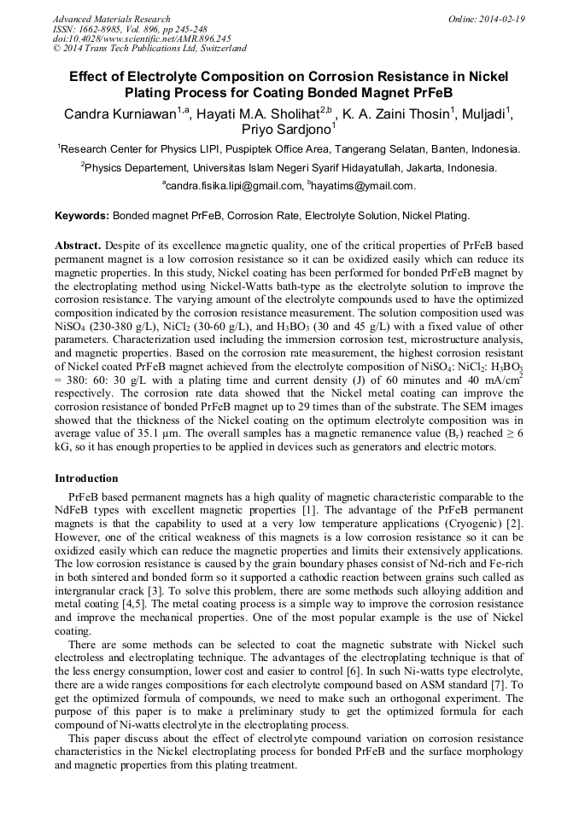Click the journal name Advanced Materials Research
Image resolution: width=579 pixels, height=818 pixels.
(111, 19)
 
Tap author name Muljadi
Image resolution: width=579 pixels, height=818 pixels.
(484, 113)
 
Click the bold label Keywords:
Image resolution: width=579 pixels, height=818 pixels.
(82, 217)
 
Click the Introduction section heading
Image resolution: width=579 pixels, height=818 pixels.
(86, 478)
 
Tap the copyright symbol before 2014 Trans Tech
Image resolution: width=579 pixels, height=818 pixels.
(57, 49)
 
